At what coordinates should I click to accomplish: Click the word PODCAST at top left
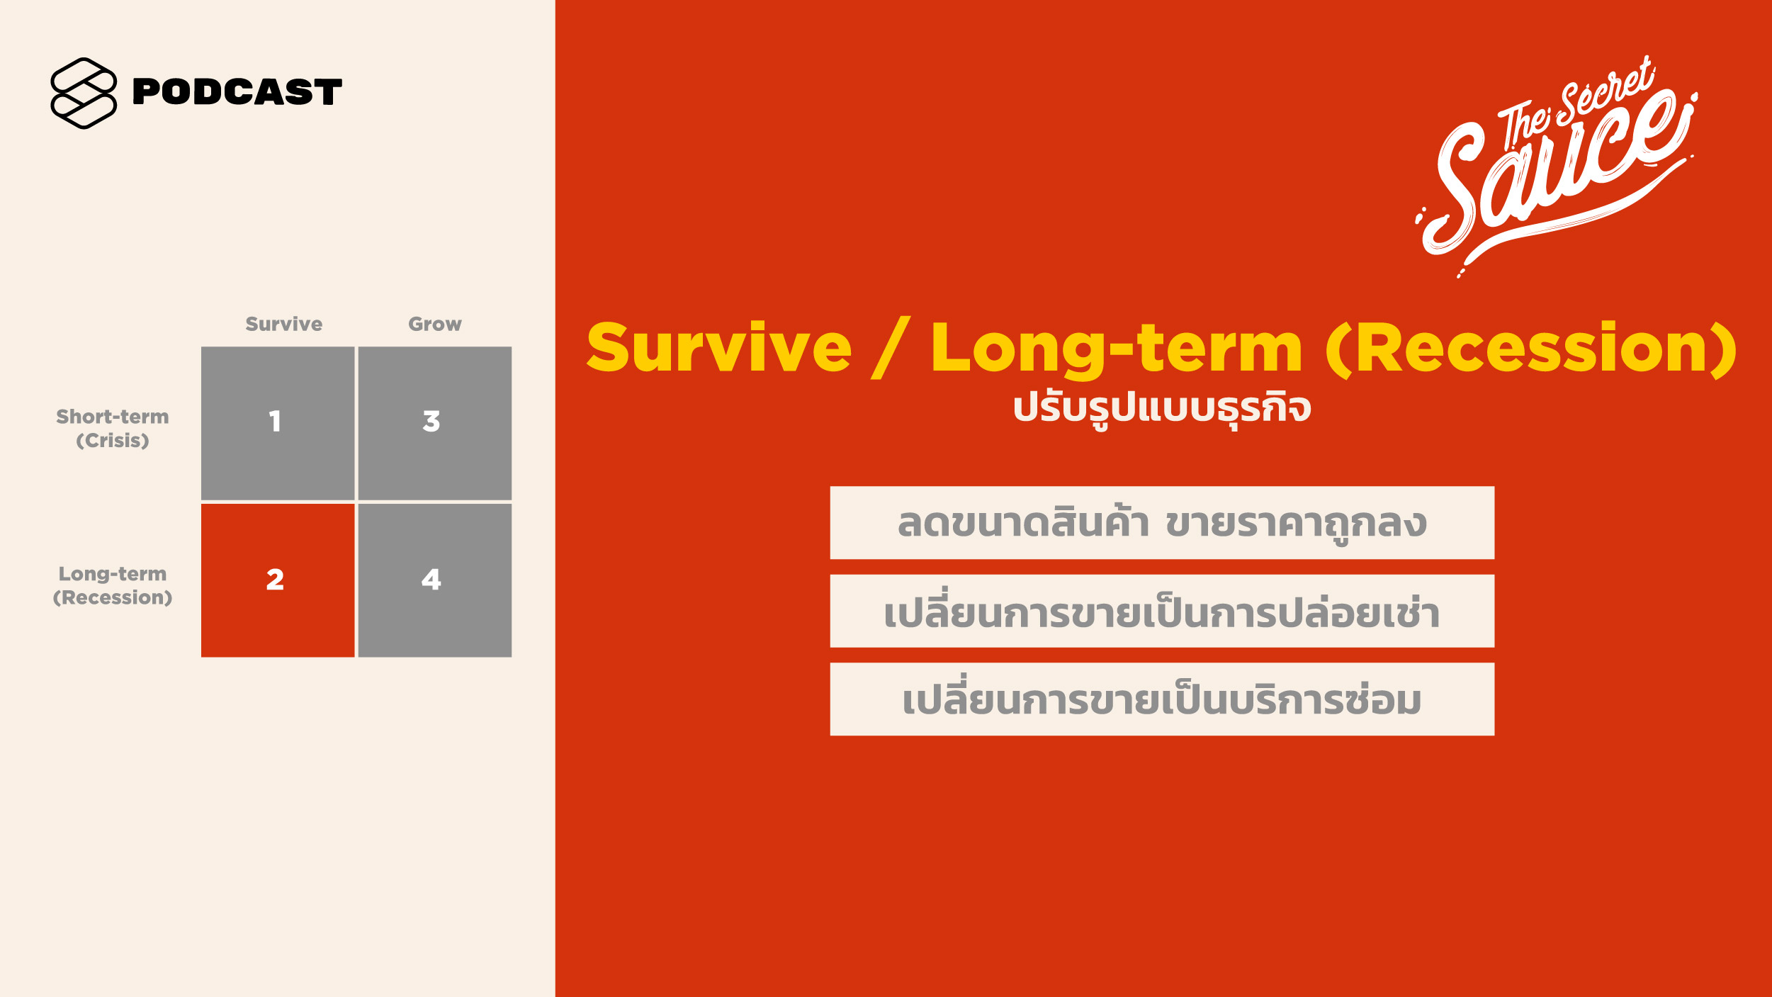point(237,92)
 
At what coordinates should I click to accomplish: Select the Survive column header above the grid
point(283,324)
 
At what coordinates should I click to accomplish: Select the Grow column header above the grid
point(434,324)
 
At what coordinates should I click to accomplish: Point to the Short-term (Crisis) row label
point(113,428)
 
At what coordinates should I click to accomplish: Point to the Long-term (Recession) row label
point(113,585)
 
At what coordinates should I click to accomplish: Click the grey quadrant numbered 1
point(278,423)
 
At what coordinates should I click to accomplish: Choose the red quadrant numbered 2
point(278,580)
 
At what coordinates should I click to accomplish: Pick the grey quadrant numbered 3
point(435,423)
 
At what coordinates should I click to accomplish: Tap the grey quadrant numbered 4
point(435,580)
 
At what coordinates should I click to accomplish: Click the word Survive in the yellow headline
point(719,348)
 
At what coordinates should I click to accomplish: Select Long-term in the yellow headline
point(1117,349)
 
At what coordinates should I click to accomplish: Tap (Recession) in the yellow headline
point(1531,348)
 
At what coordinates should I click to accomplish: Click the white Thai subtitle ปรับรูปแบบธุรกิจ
point(1162,409)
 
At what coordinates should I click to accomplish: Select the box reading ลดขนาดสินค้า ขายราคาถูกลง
point(1162,523)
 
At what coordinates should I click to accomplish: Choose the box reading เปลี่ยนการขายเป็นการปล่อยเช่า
point(1162,611)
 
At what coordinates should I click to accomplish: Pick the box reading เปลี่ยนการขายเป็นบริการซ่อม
point(1162,699)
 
